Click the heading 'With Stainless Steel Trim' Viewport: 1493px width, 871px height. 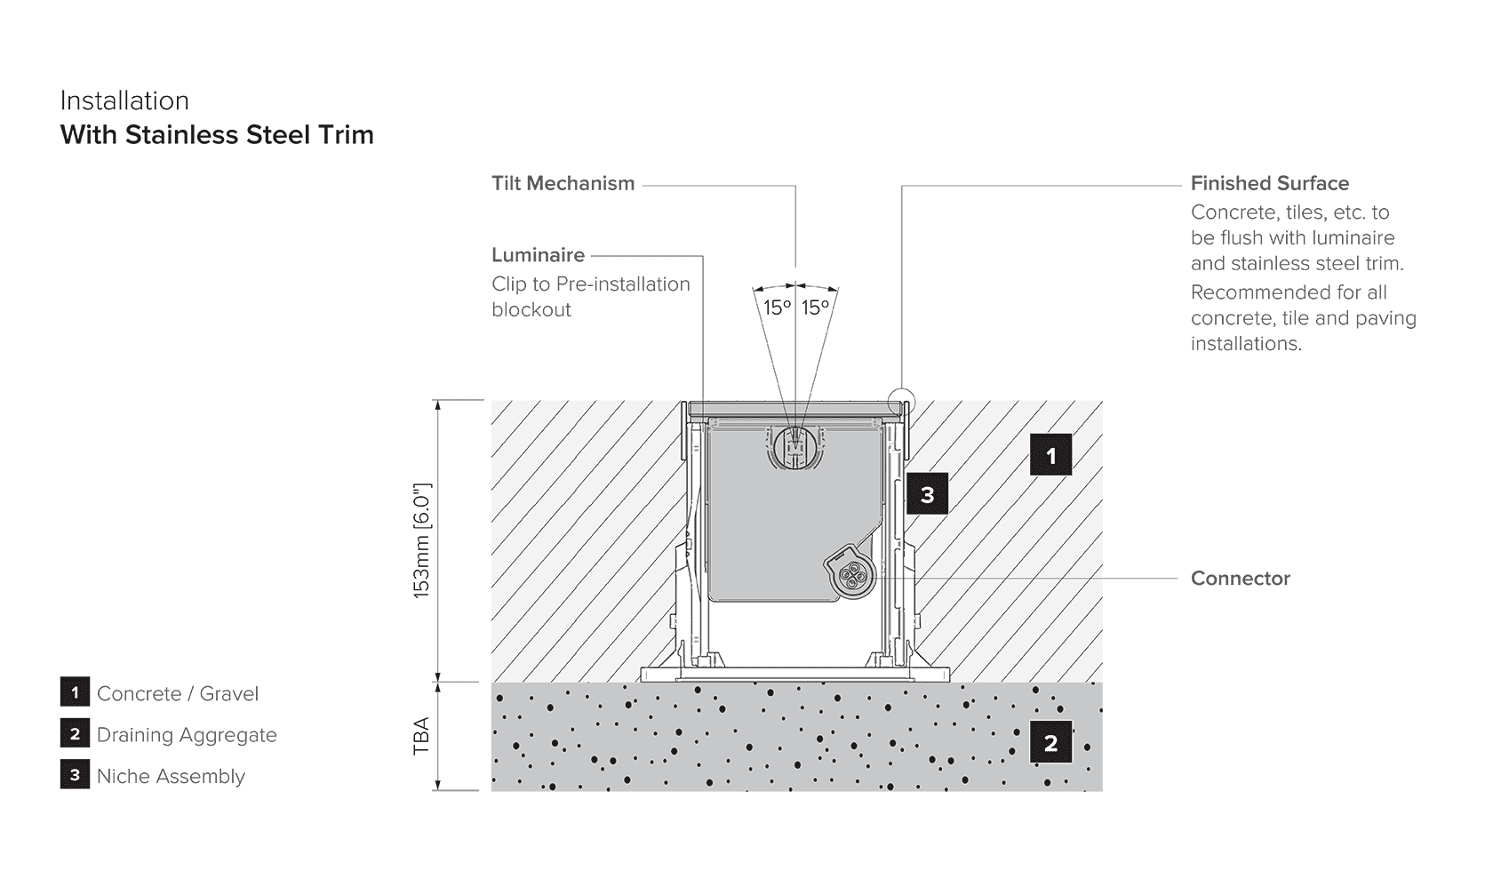pos(217,134)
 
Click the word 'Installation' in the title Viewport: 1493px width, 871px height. pos(124,100)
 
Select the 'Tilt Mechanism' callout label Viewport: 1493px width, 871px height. pos(563,183)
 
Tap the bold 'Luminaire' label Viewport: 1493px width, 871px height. pos(538,254)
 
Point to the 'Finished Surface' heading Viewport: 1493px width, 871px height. pos(1270,183)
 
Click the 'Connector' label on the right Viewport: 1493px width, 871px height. pos(1241,578)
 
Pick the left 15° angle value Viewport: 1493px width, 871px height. pos(777,308)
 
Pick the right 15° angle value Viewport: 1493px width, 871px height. pos(815,308)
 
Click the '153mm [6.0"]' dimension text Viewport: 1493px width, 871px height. pos(423,540)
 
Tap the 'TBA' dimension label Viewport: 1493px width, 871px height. pos(421,736)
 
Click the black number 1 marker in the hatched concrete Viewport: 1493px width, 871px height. pos(1050,454)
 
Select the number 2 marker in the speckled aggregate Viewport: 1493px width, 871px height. pos(1050,742)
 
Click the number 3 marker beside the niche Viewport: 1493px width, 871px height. pos(926,494)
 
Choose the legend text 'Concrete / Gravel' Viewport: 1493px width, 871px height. pos(178,694)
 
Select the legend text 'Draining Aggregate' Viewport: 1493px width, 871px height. pos(187,735)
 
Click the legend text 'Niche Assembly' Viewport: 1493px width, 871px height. pos(171,777)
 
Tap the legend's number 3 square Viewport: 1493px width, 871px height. pos(75,774)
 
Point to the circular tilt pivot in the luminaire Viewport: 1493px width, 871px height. pos(796,447)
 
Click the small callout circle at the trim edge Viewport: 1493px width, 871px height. pos(902,401)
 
